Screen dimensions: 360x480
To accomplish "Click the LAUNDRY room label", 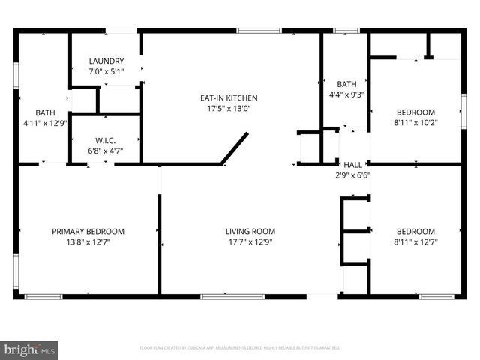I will coord(106,61).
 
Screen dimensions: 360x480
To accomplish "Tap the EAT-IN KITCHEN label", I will coord(228,97).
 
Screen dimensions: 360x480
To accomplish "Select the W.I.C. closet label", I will coord(105,140).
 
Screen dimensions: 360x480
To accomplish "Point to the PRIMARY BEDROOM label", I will coord(88,232).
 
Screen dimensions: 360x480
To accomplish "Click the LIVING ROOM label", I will coord(250,232).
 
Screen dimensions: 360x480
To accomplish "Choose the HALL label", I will coord(352,165).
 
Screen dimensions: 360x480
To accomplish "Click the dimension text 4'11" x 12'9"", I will coord(36,123).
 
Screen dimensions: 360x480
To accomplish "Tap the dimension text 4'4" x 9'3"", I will coord(346,94).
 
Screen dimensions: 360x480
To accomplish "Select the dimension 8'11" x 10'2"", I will coord(415,123).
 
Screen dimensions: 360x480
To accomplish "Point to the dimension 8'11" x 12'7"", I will coord(415,242).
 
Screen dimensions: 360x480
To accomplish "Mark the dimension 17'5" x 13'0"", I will coord(228,108).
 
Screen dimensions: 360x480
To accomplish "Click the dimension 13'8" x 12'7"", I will coord(88,242).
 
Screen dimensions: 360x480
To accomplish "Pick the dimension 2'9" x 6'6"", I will coord(352,175).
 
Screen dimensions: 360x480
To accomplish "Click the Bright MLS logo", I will coord(29,349).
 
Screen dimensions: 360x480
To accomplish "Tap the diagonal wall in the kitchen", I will coord(234,148).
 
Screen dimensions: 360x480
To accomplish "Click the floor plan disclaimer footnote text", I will coord(240,348).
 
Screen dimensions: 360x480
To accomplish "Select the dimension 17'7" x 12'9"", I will coord(250,242).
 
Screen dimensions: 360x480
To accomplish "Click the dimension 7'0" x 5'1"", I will coord(106,72).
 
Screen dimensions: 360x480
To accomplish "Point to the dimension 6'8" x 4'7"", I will coord(105,151).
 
